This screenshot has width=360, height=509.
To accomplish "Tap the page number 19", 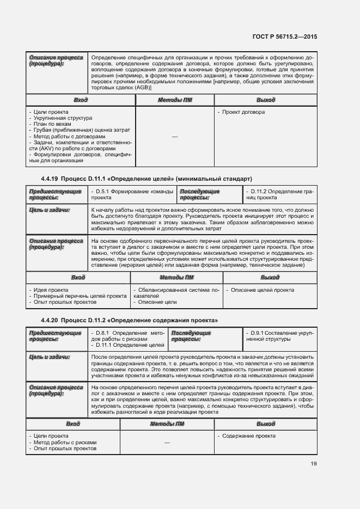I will tap(313, 463).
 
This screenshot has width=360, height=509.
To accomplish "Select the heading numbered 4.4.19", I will tap(146, 179).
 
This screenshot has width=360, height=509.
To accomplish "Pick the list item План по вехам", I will tap(52, 124).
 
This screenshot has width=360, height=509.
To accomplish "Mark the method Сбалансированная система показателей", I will tap(175, 293).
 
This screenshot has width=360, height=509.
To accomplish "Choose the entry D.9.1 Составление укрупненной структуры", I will tap(279, 336).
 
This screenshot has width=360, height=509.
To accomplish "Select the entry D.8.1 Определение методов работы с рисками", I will tap(129, 336).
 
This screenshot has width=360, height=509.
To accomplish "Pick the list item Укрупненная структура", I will tap(63, 118).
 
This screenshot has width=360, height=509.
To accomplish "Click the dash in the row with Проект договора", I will tap(175, 137).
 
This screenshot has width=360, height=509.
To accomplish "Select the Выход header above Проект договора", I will tap(265, 100).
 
